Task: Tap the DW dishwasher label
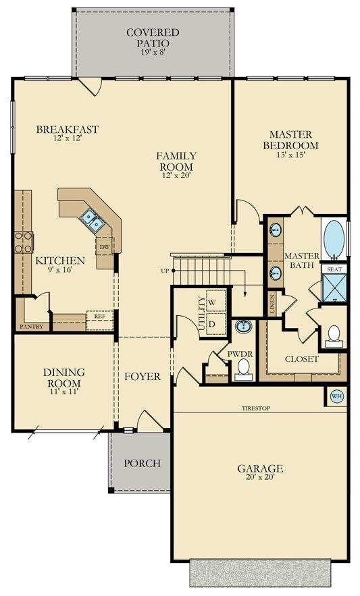click(x=104, y=247)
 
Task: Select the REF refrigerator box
click(x=100, y=321)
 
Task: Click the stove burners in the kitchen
click(x=24, y=242)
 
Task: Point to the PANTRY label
click(x=32, y=327)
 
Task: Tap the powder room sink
click(x=242, y=326)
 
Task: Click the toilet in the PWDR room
click(x=243, y=369)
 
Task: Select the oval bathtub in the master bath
click(x=334, y=239)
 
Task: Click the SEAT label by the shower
click(x=334, y=269)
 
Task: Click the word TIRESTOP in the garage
click(x=256, y=408)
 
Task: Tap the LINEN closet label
click(x=272, y=304)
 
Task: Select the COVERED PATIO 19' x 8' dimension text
click(x=153, y=52)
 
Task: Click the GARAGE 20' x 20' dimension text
click(x=260, y=477)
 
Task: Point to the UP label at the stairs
click(x=165, y=271)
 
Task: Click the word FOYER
click(x=143, y=377)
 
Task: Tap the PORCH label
click(x=142, y=463)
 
